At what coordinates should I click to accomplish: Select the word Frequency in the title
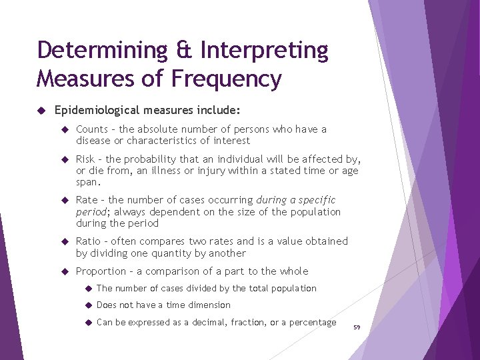tap(227, 79)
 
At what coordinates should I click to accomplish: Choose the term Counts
tap(92, 129)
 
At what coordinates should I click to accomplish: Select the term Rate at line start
tap(87, 200)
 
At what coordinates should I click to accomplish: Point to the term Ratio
tap(89, 241)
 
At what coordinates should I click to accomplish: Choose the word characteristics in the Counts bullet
tap(161, 141)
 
